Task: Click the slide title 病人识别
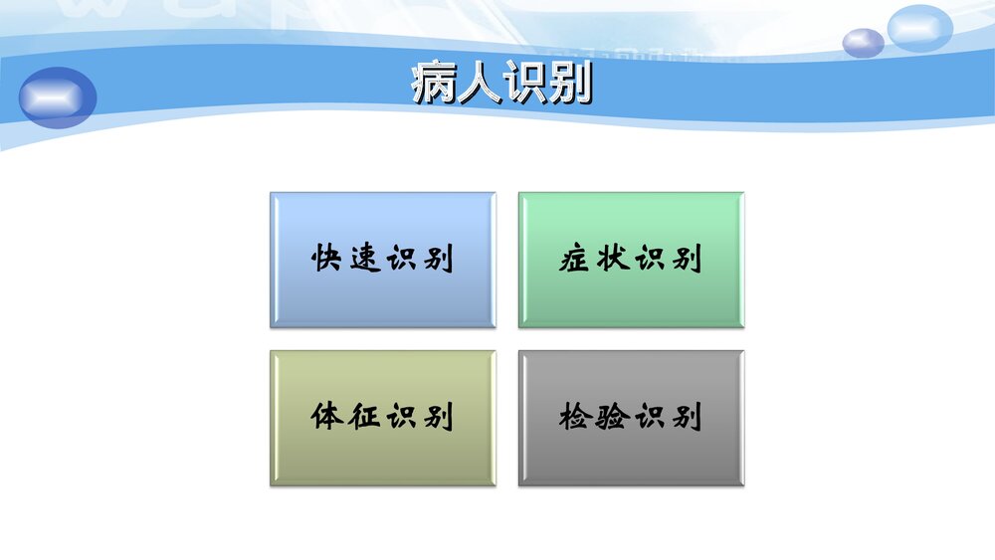(500, 85)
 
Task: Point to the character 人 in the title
(479, 85)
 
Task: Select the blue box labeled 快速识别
(382, 260)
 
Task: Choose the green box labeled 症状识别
(631, 260)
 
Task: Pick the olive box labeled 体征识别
(382, 418)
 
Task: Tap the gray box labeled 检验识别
(631, 418)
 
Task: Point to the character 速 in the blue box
(364, 260)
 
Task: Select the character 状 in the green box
(613, 260)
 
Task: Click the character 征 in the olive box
(364, 417)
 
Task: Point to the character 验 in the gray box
(613, 417)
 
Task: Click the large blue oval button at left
(58, 97)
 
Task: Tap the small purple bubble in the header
(863, 43)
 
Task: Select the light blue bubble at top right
(919, 28)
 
